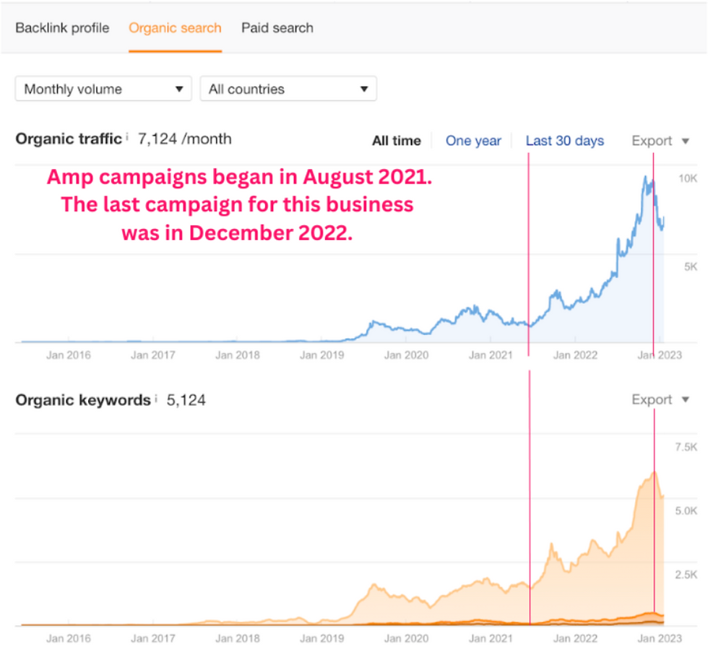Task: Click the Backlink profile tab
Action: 62,28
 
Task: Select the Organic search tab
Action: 175,28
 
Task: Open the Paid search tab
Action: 277,28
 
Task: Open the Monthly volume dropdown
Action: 103,88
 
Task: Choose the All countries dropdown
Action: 288,88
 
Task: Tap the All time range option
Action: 397,141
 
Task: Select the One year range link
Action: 473,141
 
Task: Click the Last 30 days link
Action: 565,141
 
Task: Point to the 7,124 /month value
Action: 185,139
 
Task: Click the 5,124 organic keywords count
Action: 186,400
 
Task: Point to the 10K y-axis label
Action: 688,179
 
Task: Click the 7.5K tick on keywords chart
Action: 686,447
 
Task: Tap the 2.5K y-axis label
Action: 686,575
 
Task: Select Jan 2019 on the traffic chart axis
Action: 322,355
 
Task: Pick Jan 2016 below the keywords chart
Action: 68,638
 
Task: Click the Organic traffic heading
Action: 69,139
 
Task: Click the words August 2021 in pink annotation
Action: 367,177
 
